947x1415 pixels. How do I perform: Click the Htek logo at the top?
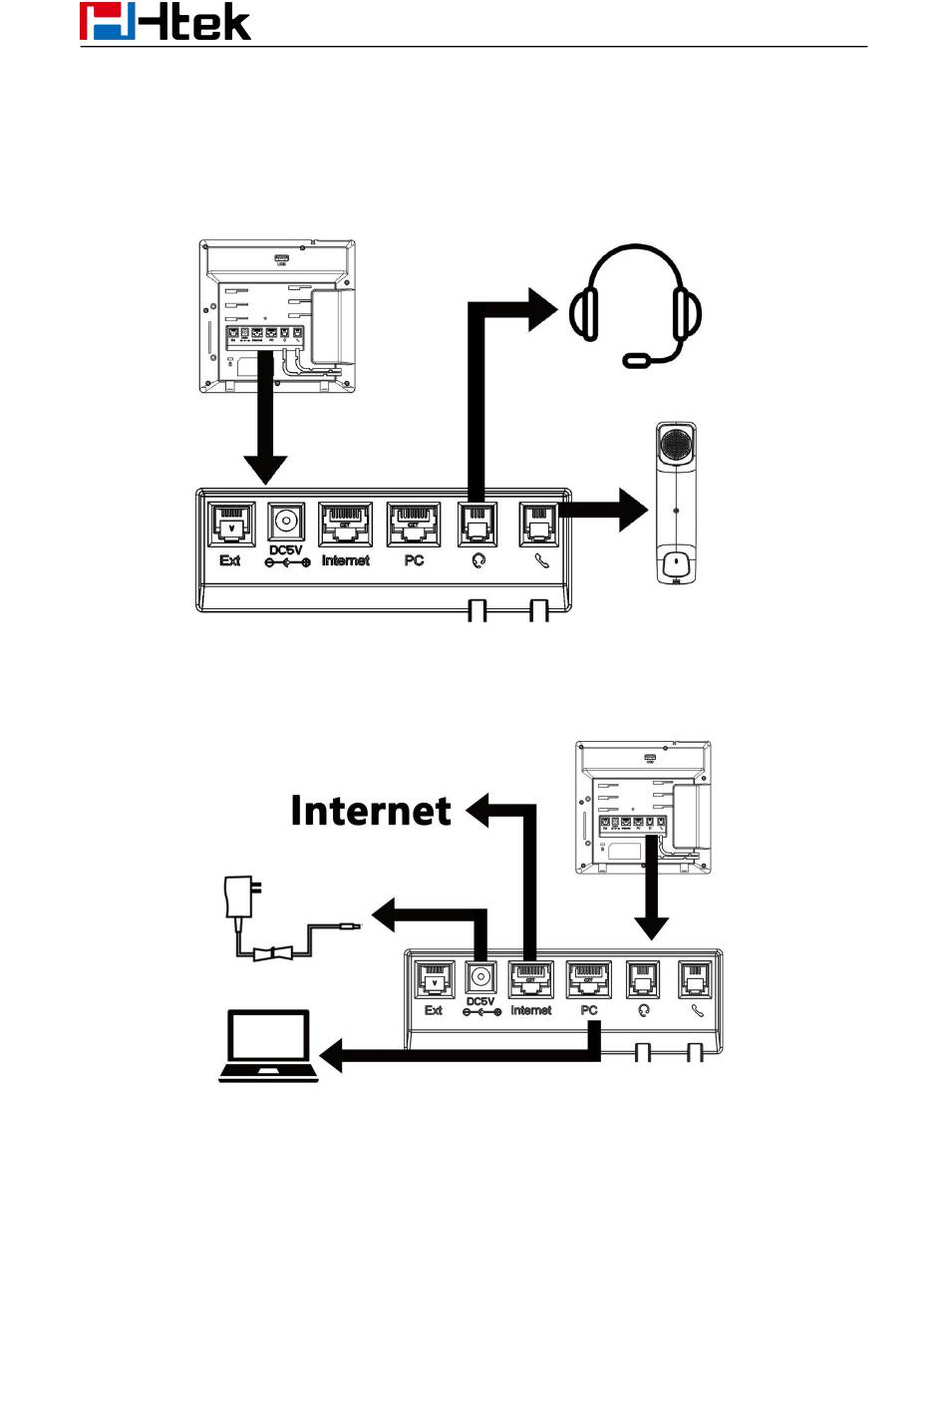click(165, 22)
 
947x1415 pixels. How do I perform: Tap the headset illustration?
click(635, 304)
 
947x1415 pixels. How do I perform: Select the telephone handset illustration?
click(676, 504)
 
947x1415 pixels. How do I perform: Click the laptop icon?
click(268, 1046)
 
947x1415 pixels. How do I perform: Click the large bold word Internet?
click(371, 811)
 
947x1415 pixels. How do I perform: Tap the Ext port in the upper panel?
click(230, 525)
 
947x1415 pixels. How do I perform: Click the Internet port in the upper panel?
click(345, 525)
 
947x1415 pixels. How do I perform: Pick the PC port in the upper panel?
click(414, 525)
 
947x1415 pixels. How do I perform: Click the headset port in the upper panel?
click(477, 525)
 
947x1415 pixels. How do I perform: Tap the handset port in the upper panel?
click(539, 525)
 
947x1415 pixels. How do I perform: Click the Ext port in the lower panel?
click(434, 980)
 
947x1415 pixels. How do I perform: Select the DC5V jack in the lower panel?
click(480, 978)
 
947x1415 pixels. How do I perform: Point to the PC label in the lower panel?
click(589, 1010)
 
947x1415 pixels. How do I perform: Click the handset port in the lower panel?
click(696, 980)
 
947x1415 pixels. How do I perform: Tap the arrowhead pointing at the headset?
click(542, 309)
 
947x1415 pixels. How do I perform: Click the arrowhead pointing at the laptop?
click(331, 1055)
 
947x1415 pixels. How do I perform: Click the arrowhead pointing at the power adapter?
click(386, 914)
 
